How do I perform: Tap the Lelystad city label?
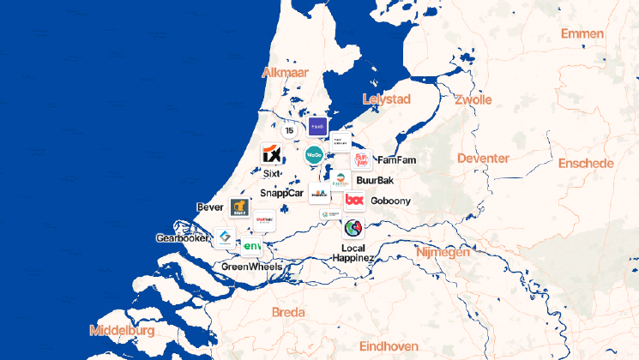tap(388, 99)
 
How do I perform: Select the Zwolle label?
tap(473, 99)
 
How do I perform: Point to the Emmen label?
tap(582, 33)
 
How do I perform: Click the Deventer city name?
tap(483, 159)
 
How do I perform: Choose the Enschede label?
tap(585, 163)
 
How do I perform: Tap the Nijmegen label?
tap(443, 253)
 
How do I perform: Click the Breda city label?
tap(287, 312)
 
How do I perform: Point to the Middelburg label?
tap(122, 330)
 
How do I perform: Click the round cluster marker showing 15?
tap(289, 130)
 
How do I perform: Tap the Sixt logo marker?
tap(271, 154)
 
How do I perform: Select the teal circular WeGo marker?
tap(314, 155)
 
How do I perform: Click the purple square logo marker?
tap(317, 127)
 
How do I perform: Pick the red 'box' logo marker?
tap(354, 201)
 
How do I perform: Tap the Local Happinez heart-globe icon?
tap(353, 228)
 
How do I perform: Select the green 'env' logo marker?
tap(251, 247)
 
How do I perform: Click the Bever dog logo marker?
tap(239, 207)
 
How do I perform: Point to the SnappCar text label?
tap(282, 194)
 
